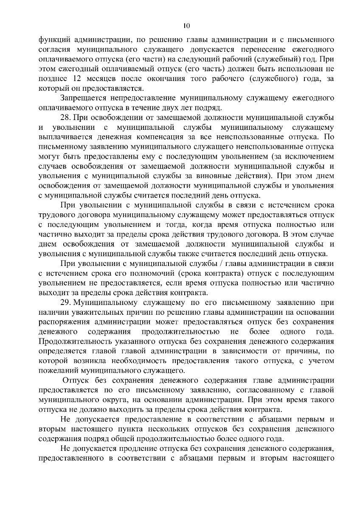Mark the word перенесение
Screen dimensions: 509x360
tap(245, 50)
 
